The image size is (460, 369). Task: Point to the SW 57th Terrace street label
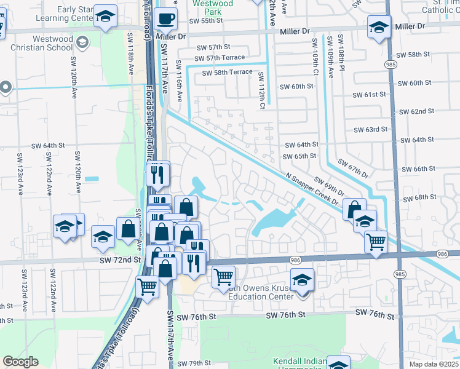click(x=219, y=58)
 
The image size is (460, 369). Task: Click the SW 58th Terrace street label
click(x=228, y=73)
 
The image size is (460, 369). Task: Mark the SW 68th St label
click(x=419, y=197)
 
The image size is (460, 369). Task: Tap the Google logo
click(x=20, y=361)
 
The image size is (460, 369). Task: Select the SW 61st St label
click(x=370, y=95)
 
